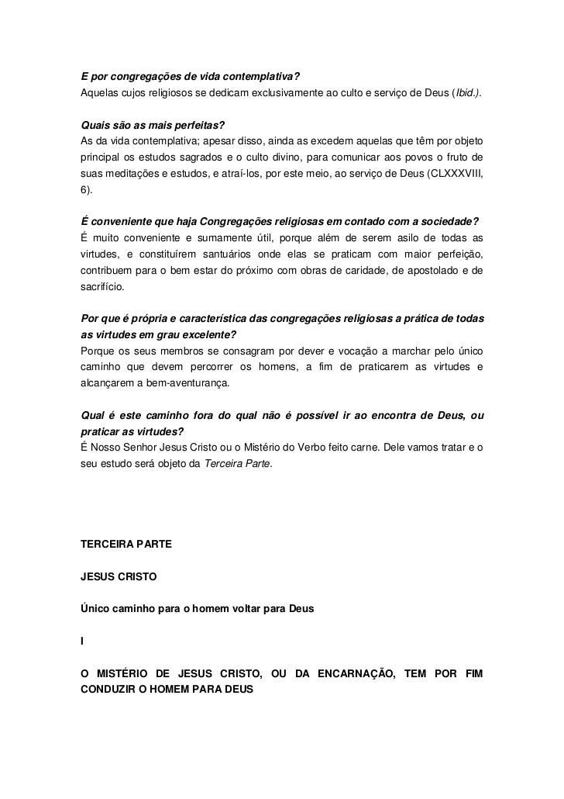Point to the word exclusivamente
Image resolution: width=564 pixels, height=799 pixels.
pyautogui.click(x=253, y=94)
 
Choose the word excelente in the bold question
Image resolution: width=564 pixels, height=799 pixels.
pyautogui.click(x=209, y=334)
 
